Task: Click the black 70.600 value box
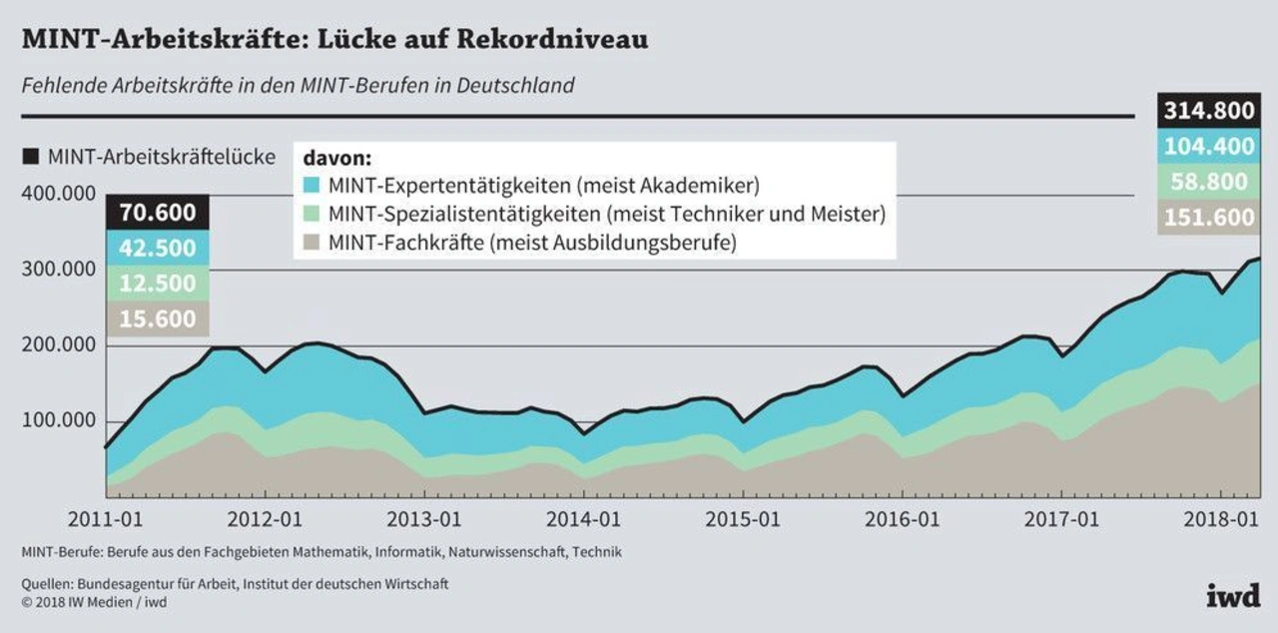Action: pyautogui.click(x=157, y=212)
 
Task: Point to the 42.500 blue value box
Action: pyautogui.click(x=157, y=248)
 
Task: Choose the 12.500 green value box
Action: pyautogui.click(x=157, y=284)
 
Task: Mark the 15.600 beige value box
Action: pyautogui.click(x=157, y=318)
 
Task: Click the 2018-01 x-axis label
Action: pyautogui.click(x=1223, y=520)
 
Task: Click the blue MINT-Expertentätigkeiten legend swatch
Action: pyautogui.click(x=311, y=186)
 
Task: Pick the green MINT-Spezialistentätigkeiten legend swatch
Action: pyautogui.click(x=311, y=214)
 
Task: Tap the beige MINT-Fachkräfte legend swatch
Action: pyautogui.click(x=311, y=242)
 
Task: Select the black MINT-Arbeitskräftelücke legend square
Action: pyautogui.click(x=30, y=156)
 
